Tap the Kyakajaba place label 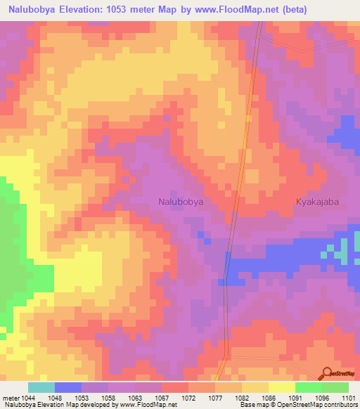(x=318, y=201)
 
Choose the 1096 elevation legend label (x=323, y=397)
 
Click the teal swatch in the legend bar (x=41, y=387)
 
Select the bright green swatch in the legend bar (x=308, y=387)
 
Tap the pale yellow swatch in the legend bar (x=281, y=387)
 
